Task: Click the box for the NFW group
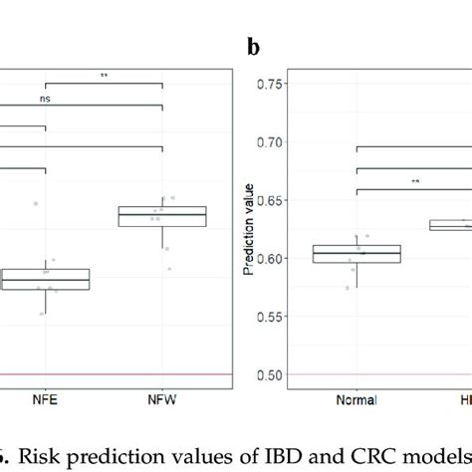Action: pos(161,216)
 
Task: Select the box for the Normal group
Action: pos(356,254)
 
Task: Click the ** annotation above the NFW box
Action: pos(103,75)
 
